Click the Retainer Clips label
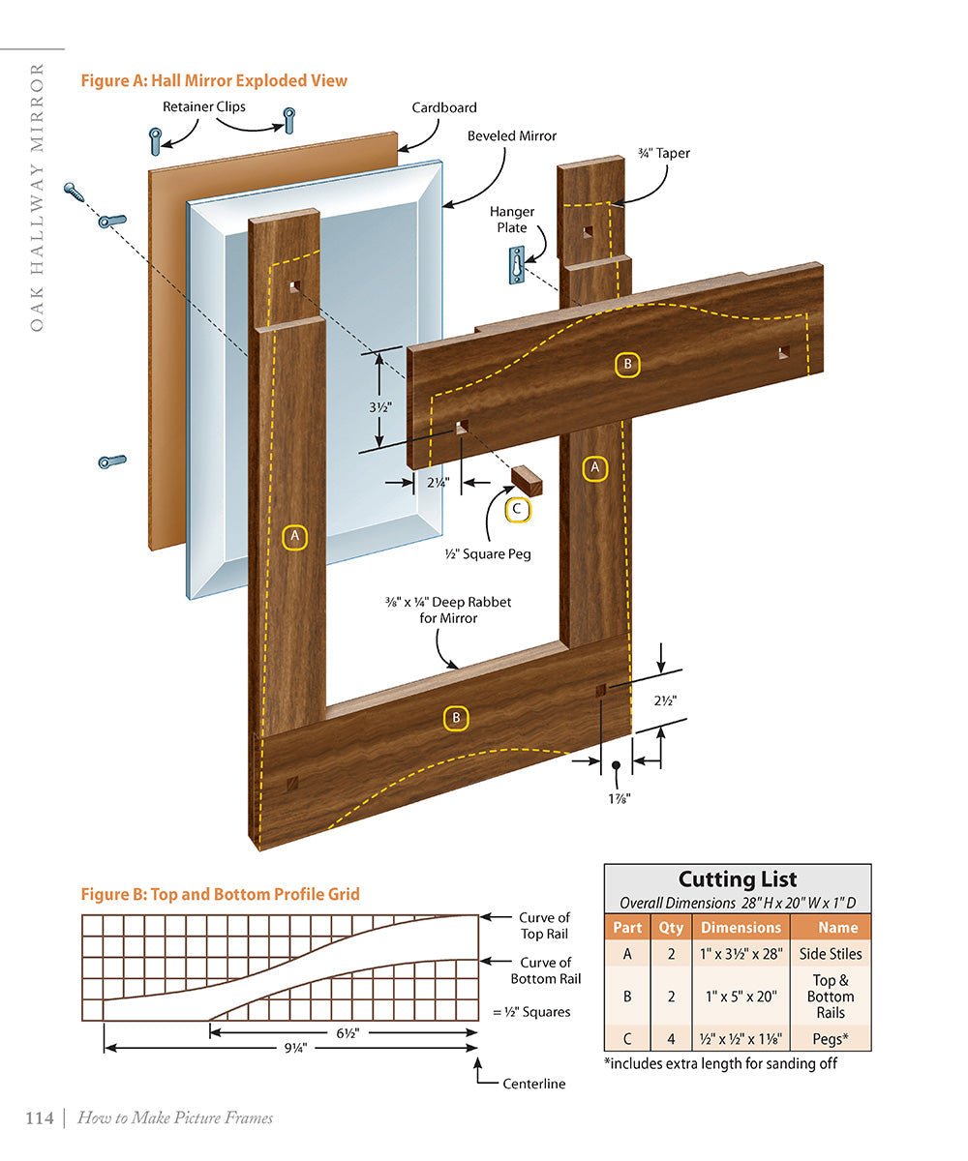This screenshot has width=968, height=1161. click(204, 106)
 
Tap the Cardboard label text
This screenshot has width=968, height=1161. click(443, 108)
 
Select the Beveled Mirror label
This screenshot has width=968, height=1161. click(512, 136)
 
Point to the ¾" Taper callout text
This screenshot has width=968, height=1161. click(664, 153)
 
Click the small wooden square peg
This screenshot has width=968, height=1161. click(528, 479)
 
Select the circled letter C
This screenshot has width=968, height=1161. click(517, 509)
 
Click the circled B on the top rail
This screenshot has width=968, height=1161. click(627, 365)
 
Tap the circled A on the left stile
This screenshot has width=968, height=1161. click(295, 536)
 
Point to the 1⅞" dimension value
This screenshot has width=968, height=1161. click(616, 797)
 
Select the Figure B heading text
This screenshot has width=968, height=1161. click(220, 894)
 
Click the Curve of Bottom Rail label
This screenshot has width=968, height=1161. click(546, 970)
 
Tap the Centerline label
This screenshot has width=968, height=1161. click(533, 1084)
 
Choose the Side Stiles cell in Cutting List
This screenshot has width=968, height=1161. click(831, 954)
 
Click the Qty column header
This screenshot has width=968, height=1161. click(671, 927)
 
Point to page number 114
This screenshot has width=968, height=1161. click(40, 1118)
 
